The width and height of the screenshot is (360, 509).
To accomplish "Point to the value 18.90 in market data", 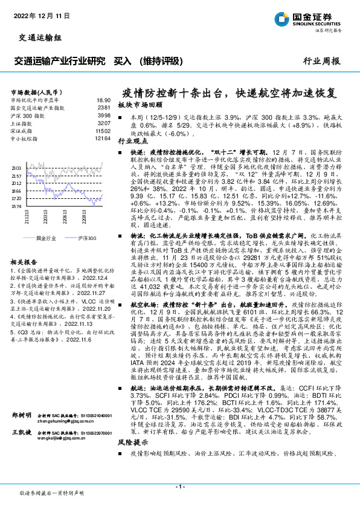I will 103,100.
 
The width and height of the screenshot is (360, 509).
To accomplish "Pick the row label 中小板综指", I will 26,138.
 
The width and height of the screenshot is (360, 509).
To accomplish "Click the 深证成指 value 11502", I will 103,131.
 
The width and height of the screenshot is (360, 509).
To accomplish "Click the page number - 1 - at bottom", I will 179,486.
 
